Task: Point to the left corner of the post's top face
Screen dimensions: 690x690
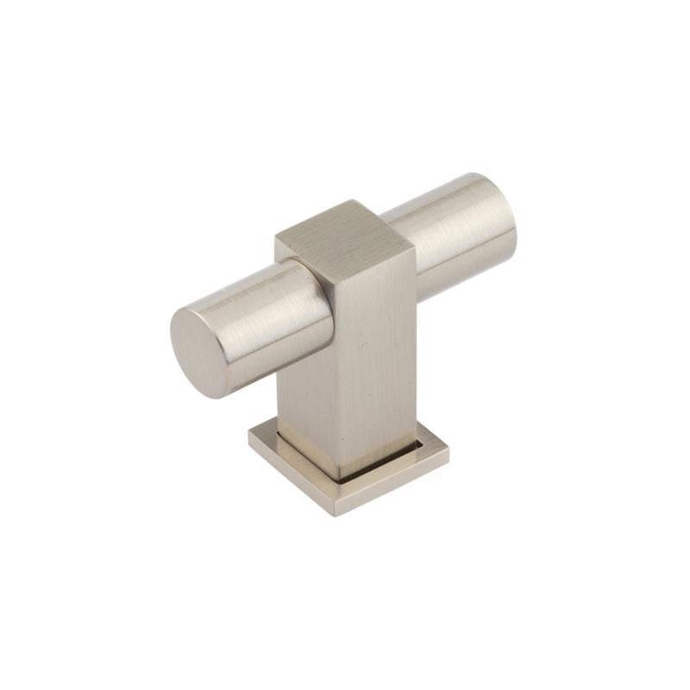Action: pyautogui.click(x=277, y=236)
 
